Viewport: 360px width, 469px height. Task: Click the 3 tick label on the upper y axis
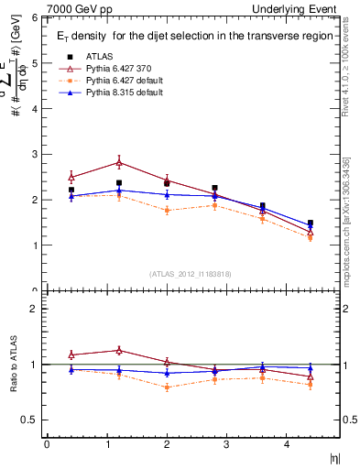[x=36, y=154]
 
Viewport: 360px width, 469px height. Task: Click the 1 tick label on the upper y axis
[x=36, y=245]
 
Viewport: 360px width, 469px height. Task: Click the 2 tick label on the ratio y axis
[x=36, y=309]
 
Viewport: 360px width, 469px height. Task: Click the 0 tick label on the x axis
[x=47, y=444]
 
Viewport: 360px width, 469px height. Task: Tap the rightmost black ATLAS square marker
[x=311, y=223]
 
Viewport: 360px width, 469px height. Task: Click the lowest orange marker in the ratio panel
[x=167, y=387]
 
